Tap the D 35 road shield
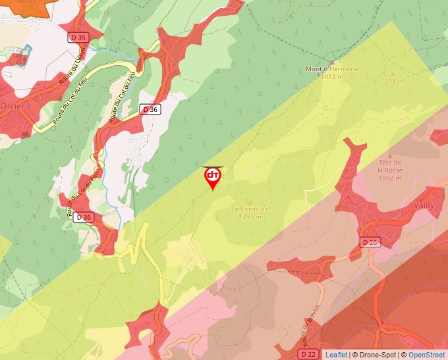[78, 38]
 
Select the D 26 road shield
[371, 242]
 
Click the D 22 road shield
[306, 354]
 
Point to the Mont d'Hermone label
[332, 69]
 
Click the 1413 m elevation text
[333, 77]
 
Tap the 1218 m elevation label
[392, 82]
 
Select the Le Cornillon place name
[250, 209]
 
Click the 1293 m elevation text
[250, 217]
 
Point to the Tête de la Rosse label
[390, 165]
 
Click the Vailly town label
[424, 205]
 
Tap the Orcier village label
[13, 105]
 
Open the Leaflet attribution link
[336, 355]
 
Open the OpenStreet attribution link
[426, 355]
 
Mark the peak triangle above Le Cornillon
[250, 202]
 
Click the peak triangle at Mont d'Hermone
[331, 62]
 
